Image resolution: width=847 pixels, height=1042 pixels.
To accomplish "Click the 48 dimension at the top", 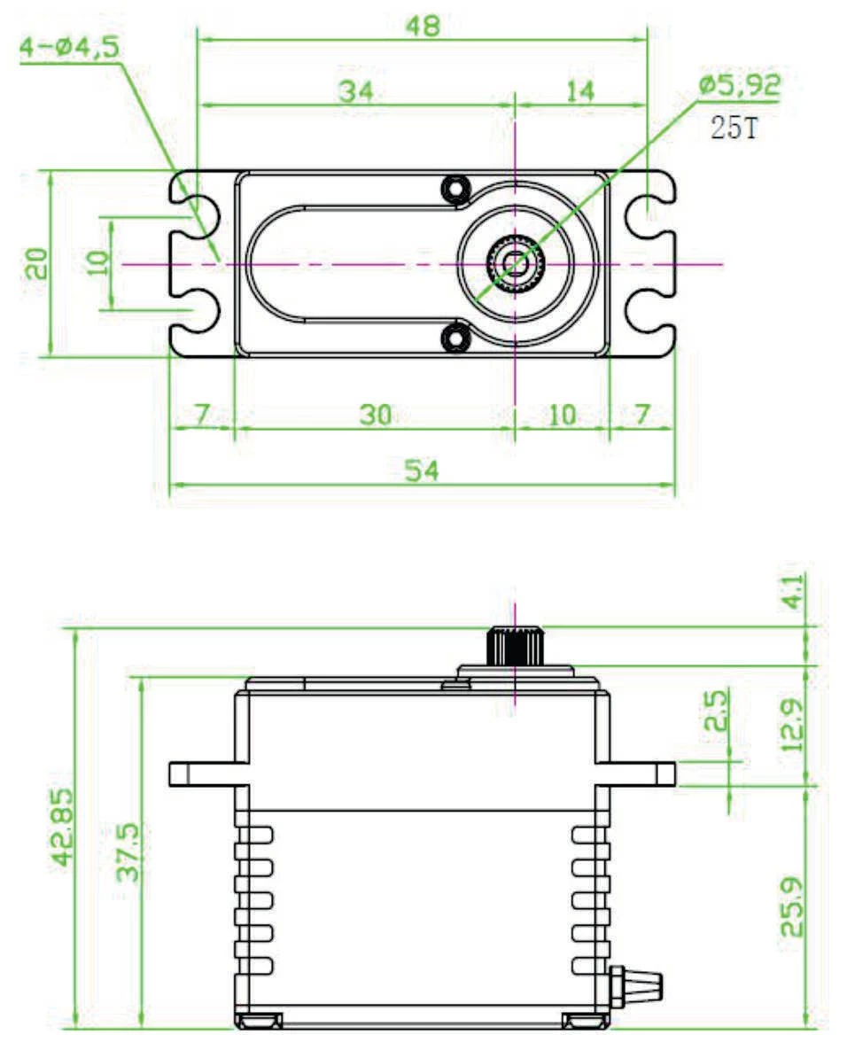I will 423,26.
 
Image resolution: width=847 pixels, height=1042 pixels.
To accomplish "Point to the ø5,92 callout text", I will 740,85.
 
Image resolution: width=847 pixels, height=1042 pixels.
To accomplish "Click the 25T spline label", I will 734,129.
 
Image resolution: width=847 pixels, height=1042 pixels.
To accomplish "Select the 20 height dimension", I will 36,263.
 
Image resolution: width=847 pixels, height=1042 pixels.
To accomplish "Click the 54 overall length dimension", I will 423,470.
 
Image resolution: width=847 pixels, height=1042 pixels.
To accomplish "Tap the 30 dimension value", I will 376,414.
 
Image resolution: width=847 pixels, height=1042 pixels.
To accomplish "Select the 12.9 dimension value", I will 791,724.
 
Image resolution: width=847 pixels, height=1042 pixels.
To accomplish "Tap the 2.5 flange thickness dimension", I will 714,710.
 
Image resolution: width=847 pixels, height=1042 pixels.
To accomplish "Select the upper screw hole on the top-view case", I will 456,188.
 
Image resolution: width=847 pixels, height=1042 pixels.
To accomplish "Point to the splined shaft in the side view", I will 514,645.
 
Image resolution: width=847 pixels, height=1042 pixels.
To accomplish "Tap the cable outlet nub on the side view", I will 640,981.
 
